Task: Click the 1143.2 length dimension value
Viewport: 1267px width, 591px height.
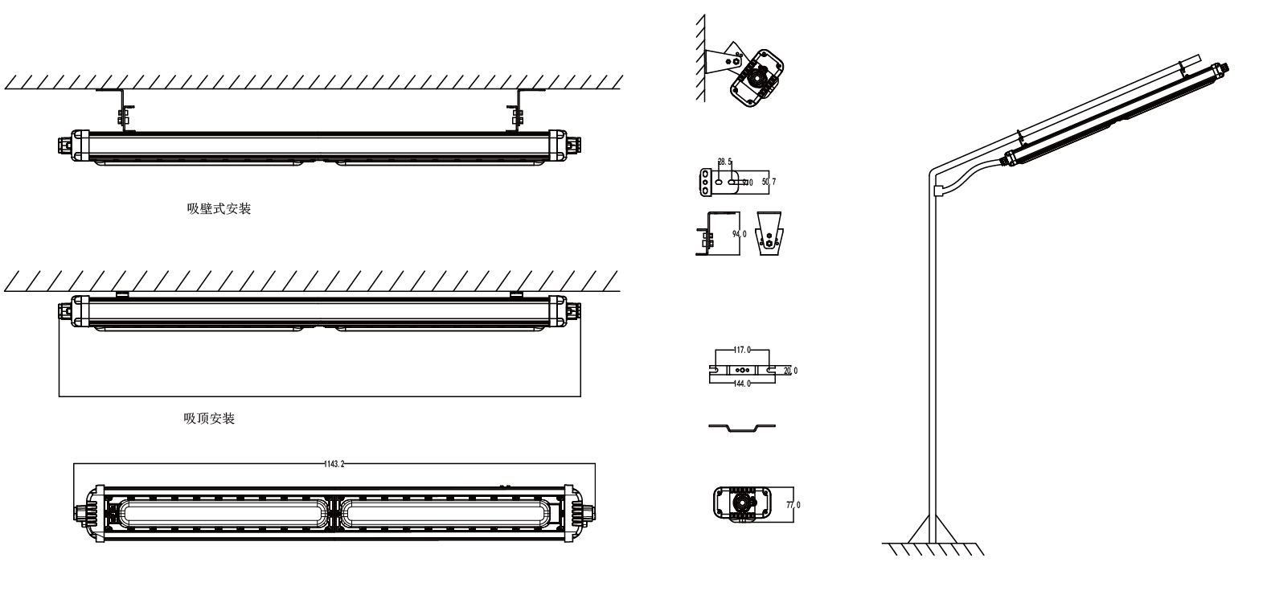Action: pyautogui.click(x=334, y=465)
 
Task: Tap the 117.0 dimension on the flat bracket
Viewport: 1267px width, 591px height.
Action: pyautogui.click(x=742, y=351)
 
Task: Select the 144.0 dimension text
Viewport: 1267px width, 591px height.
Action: pyautogui.click(x=742, y=384)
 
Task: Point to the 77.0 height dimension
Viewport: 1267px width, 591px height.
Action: pyautogui.click(x=794, y=504)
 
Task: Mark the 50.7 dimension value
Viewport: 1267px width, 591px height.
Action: pyautogui.click(x=769, y=183)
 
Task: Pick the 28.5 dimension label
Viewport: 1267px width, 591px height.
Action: pyautogui.click(x=724, y=162)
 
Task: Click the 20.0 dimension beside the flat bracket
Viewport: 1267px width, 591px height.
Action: pyautogui.click(x=791, y=371)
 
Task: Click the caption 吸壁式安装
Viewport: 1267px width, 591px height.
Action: pyautogui.click(x=219, y=210)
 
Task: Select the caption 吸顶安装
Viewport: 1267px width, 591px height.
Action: pyautogui.click(x=209, y=419)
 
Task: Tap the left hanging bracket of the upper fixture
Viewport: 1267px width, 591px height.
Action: pyautogui.click(x=123, y=109)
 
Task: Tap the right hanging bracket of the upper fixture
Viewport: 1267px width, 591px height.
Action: pyautogui.click(x=516, y=109)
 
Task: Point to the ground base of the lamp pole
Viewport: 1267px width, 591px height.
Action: pyautogui.click(x=933, y=534)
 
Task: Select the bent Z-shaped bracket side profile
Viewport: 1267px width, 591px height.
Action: pyautogui.click(x=742, y=427)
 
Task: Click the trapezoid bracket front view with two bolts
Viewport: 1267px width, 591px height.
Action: pyautogui.click(x=772, y=234)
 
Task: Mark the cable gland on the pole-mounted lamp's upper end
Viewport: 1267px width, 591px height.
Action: pyautogui.click(x=1228, y=68)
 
